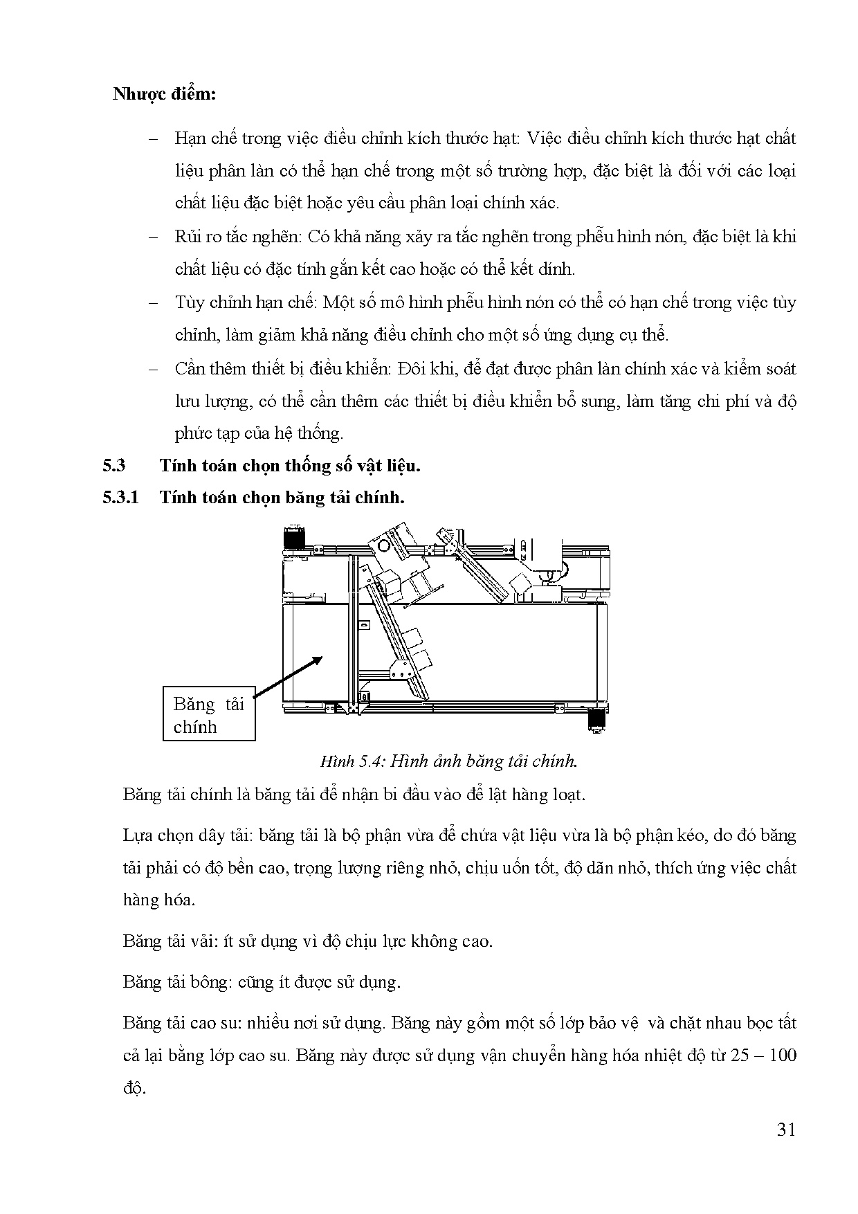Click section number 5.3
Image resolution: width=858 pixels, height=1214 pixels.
pos(114,465)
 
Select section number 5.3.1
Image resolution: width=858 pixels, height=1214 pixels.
pos(121,497)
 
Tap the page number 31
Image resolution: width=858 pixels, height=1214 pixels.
pos(786,1130)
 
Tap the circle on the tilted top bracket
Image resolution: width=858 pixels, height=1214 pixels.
pos(384,545)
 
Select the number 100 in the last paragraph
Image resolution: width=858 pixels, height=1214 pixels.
pos(783,1056)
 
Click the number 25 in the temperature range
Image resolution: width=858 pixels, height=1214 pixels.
pos(736,1056)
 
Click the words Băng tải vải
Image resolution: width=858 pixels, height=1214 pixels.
pos(162,941)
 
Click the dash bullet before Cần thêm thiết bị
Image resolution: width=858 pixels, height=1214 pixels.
pos(153,369)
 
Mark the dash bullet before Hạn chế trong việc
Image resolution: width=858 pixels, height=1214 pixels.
pos(153,138)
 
